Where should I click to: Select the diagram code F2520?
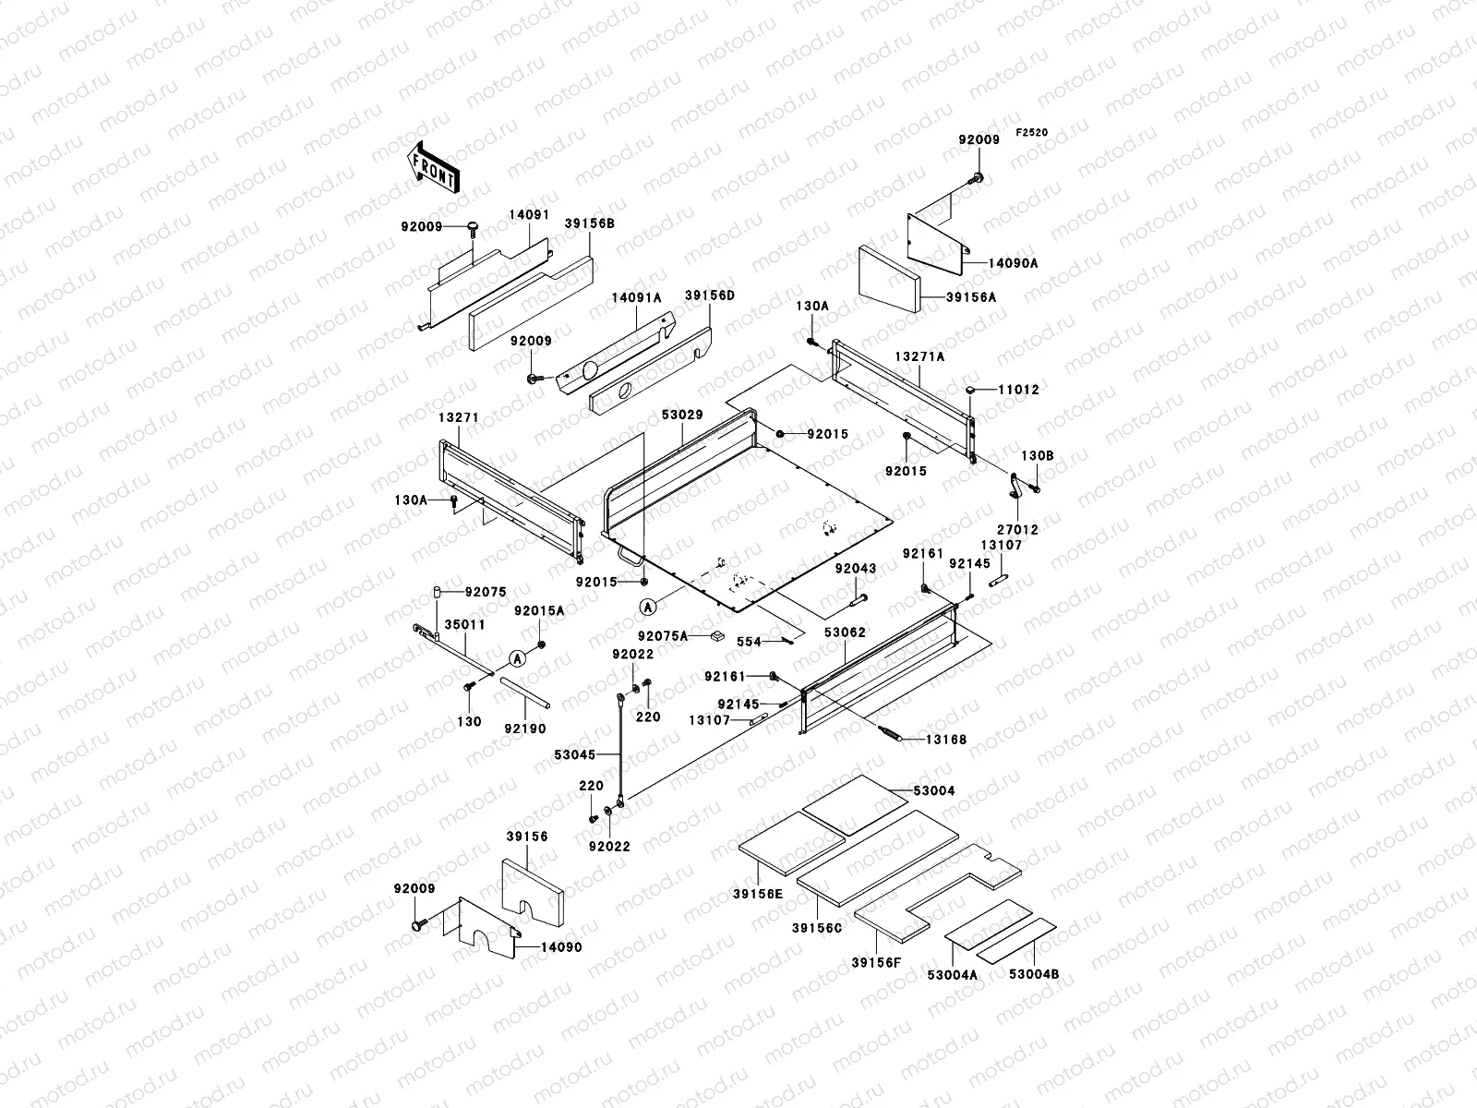click(1032, 133)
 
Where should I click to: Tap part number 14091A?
click(636, 298)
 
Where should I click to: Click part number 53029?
click(682, 415)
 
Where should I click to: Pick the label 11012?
click(1018, 390)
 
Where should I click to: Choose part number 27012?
click(1017, 530)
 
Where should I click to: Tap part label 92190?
click(524, 728)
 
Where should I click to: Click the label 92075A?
click(663, 636)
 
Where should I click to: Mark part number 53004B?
click(1034, 973)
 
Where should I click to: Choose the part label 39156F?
click(875, 962)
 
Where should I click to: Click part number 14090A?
click(1013, 263)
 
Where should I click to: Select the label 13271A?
click(919, 356)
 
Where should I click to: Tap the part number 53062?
click(845, 633)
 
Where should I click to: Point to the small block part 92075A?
click(716, 635)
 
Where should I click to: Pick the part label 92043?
click(856, 569)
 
